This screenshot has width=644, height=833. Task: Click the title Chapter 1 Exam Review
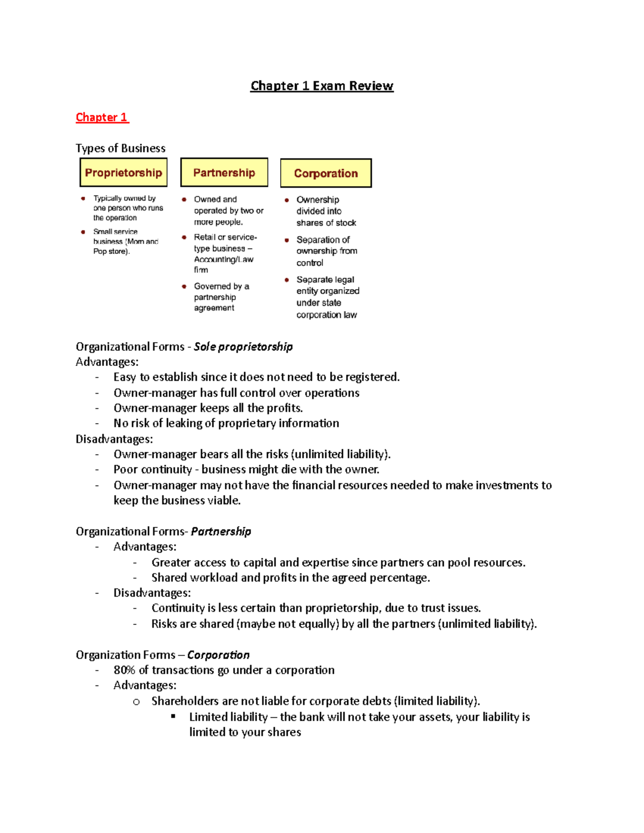(322, 86)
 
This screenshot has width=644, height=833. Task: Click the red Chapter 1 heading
(102, 117)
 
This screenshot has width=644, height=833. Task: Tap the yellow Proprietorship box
(123, 173)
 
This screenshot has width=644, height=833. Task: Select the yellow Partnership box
(224, 173)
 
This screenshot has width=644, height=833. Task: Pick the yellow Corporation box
(326, 173)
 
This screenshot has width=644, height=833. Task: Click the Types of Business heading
(120, 148)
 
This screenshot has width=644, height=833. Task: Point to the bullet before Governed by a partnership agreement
(184, 286)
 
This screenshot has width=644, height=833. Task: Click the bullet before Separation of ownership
(287, 240)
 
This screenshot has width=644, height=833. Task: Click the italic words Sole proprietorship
(243, 347)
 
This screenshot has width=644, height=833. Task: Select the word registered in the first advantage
(372, 377)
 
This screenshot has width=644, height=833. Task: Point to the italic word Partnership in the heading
(221, 532)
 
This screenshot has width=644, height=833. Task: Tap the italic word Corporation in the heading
(218, 655)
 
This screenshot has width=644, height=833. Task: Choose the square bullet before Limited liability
(173, 716)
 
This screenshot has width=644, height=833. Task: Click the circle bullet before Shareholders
(136, 702)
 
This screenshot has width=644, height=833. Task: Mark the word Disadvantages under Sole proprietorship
(113, 439)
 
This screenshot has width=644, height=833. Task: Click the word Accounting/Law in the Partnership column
(223, 260)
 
